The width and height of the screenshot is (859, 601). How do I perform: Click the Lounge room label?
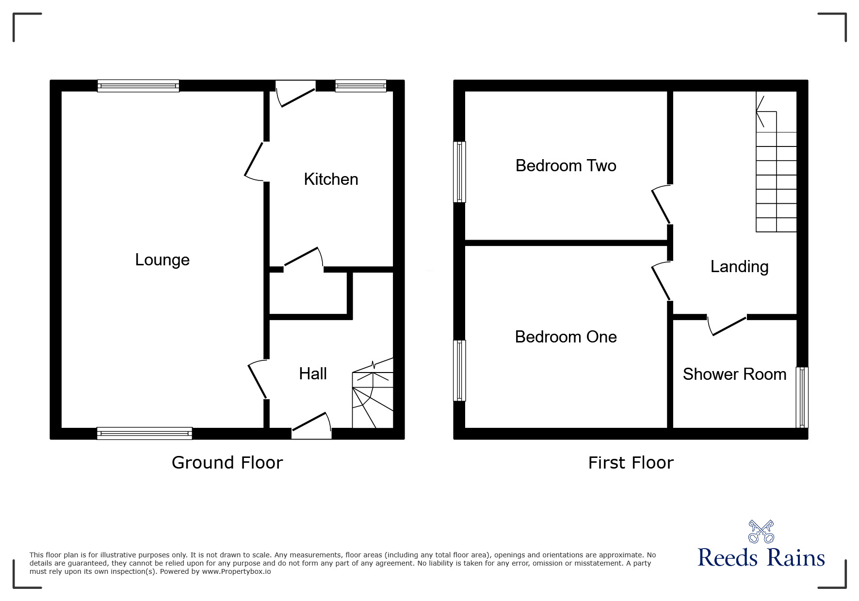[x=162, y=260]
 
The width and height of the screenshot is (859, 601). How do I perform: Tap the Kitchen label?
[x=331, y=179]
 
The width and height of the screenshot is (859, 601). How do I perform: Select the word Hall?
[x=312, y=374]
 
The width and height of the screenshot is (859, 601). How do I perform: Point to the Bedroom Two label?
[x=566, y=166]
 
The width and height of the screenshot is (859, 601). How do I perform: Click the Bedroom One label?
[x=566, y=337]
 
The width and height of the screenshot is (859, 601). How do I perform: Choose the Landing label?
[x=739, y=267]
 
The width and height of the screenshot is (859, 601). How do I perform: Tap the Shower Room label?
[x=734, y=374]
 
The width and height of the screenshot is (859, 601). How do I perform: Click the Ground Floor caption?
[x=227, y=463]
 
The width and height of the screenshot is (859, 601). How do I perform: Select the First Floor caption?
[x=631, y=463]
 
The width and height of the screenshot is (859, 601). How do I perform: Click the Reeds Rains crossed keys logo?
[x=761, y=532]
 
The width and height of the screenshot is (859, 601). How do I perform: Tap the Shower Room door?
[x=727, y=325]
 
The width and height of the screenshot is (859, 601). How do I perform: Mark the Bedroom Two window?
[x=459, y=172]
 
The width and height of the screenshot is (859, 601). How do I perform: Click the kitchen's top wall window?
[x=360, y=86]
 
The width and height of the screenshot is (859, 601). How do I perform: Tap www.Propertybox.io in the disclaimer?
[x=236, y=571]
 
